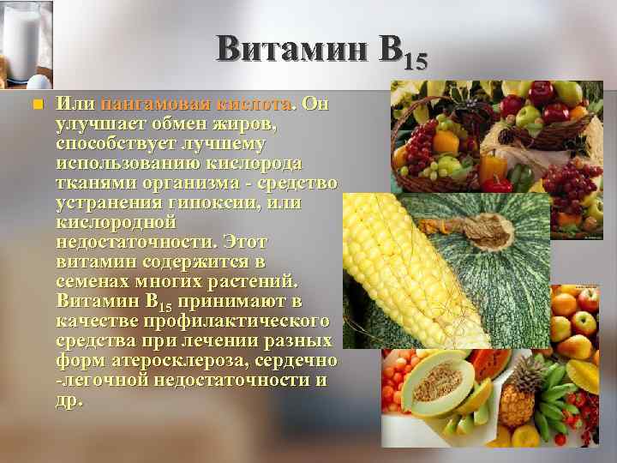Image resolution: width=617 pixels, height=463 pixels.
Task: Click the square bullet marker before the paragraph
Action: [35, 105]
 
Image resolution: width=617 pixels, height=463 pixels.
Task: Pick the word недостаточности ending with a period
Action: [135, 243]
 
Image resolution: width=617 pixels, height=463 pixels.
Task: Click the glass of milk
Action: [23, 39]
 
